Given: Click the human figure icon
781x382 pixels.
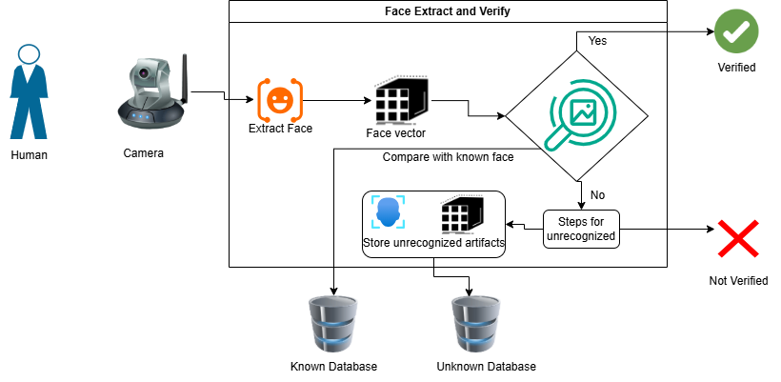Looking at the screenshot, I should pyautogui.click(x=30, y=92).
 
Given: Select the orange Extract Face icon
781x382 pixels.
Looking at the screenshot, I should pyautogui.click(x=280, y=98).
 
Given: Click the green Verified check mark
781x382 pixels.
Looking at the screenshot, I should pyautogui.click(x=736, y=31).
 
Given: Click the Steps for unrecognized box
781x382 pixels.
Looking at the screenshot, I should pyautogui.click(x=582, y=229).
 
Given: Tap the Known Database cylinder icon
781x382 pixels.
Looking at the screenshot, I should pyautogui.click(x=333, y=325).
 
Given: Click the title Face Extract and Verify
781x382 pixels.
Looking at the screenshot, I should pyautogui.click(x=448, y=11).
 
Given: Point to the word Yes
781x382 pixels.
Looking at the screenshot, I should pyautogui.click(x=597, y=41).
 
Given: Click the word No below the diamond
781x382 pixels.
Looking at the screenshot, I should pyautogui.click(x=597, y=194).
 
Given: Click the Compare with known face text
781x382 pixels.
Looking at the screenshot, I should pyautogui.click(x=448, y=156).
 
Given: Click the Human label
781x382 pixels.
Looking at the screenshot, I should pyautogui.click(x=29, y=154).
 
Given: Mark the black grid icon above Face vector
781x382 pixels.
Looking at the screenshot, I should pyautogui.click(x=399, y=97).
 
